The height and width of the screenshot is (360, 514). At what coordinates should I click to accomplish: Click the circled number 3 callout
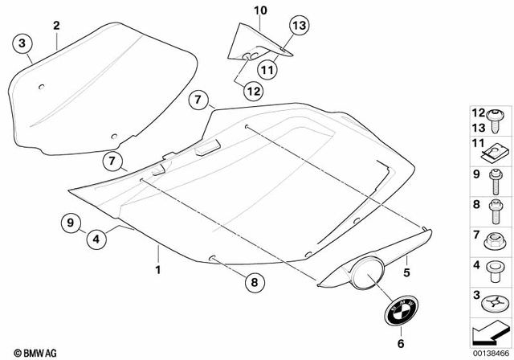pyautogui.click(x=22, y=43)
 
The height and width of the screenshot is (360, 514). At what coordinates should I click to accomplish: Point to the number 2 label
pyautogui.click(x=56, y=26)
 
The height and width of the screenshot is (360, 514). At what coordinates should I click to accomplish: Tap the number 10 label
pyautogui.click(x=259, y=10)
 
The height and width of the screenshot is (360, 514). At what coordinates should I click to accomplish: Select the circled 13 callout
pyautogui.click(x=299, y=27)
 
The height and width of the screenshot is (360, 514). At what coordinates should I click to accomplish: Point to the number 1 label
pyautogui.click(x=158, y=269)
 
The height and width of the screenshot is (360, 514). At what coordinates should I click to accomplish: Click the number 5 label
pyautogui.click(x=406, y=260)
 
